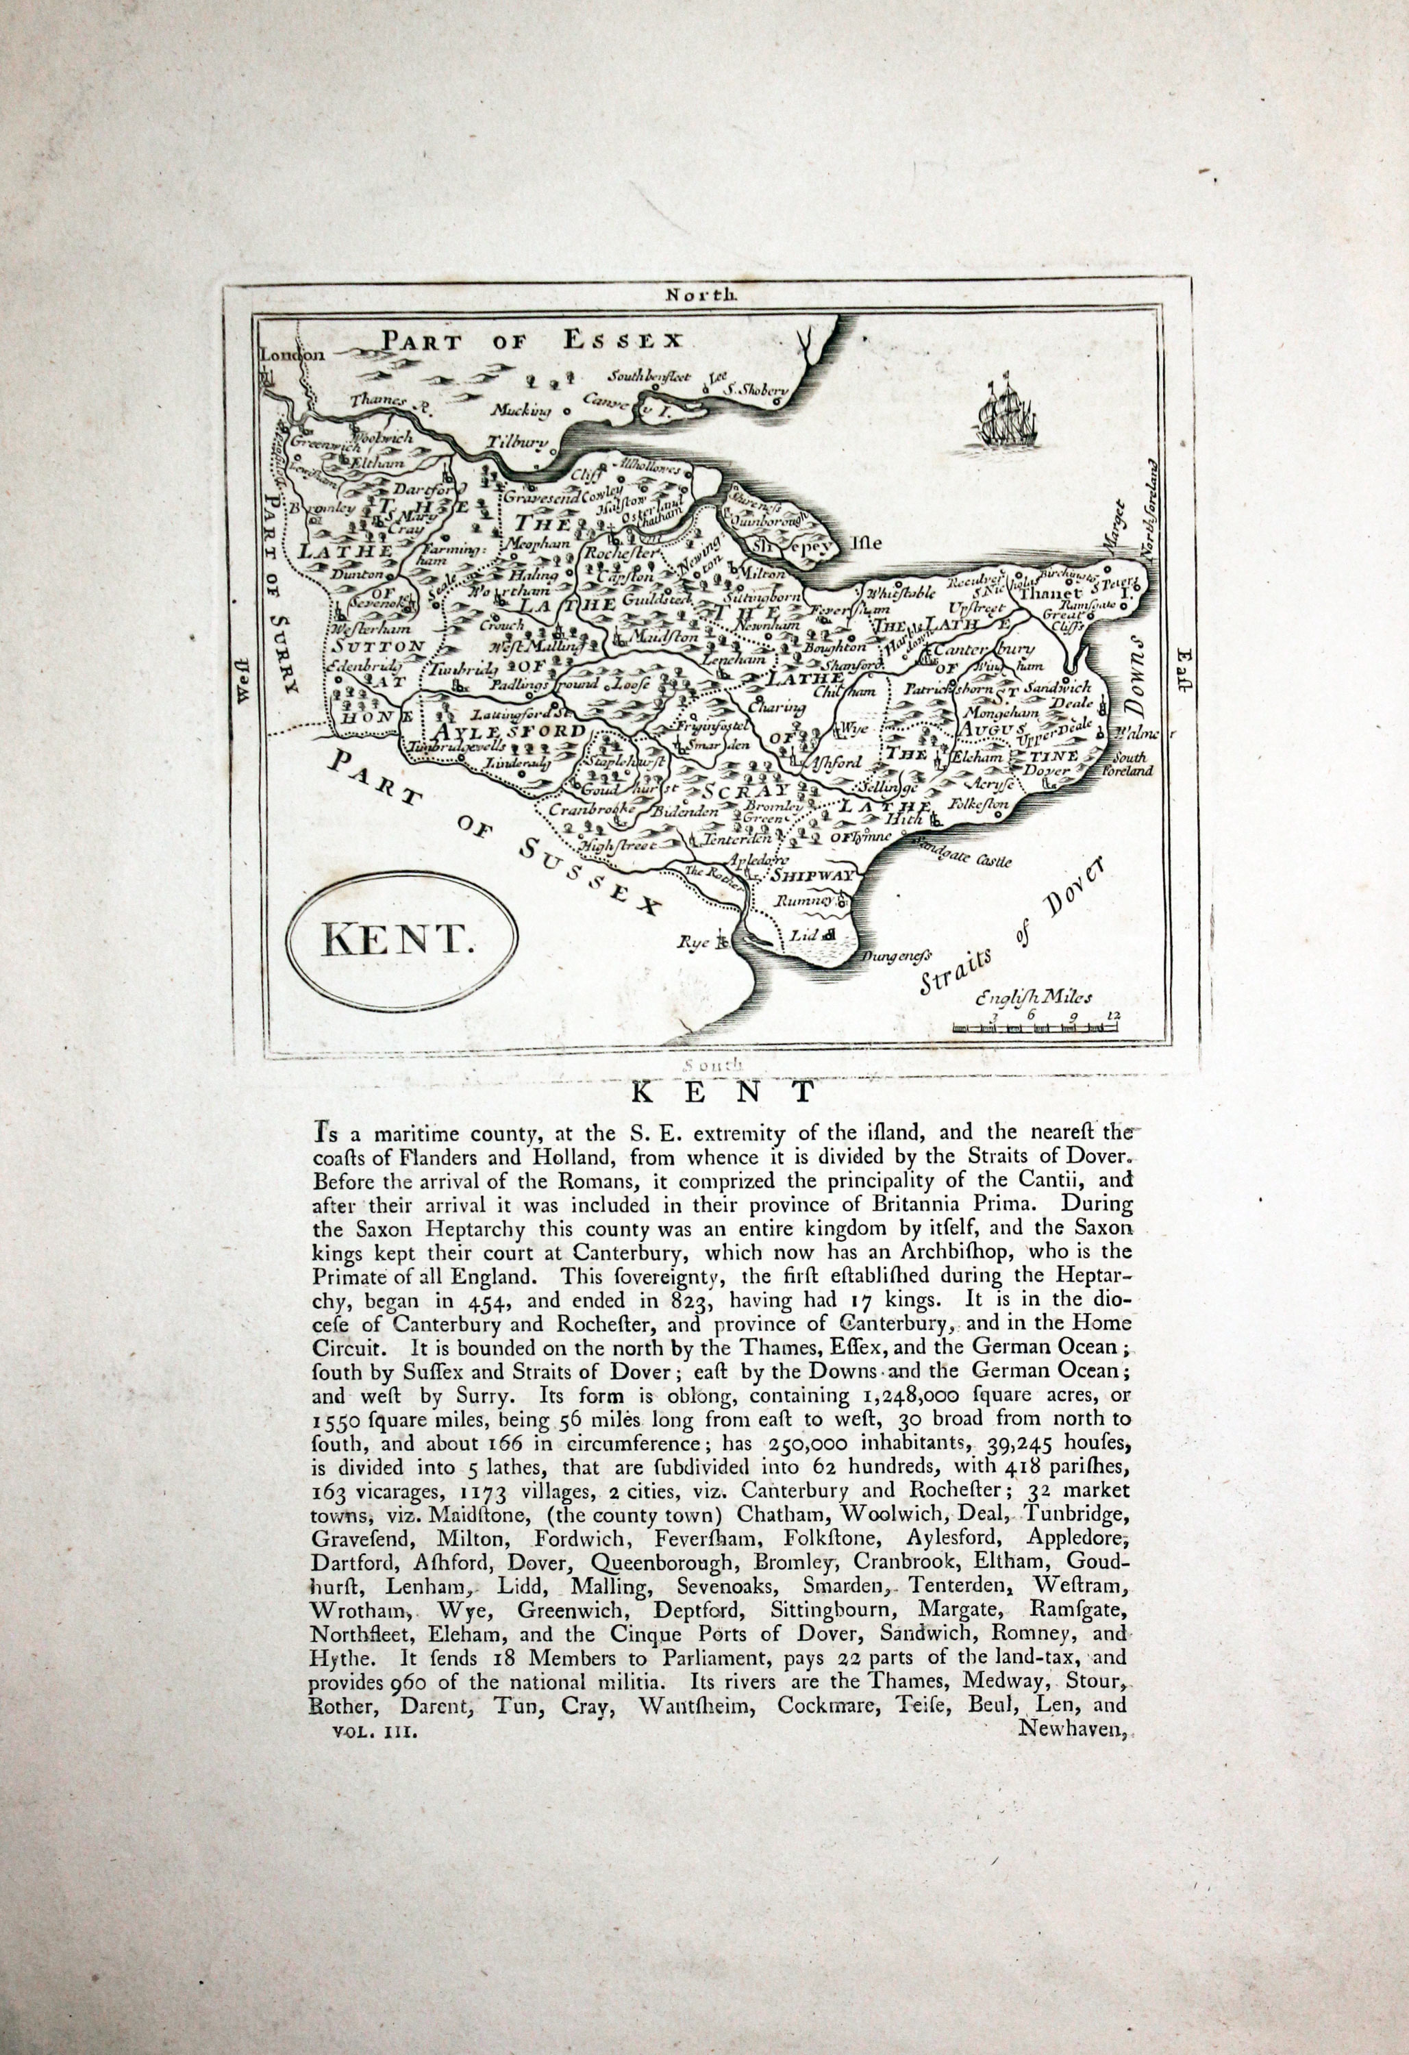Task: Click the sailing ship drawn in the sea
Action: tap(1008, 414)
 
